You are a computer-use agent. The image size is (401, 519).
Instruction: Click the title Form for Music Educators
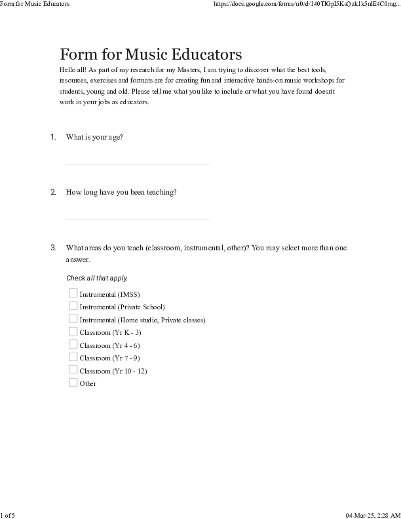coord(151,54)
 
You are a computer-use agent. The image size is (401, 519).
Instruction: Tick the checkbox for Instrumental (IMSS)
coord(73,294)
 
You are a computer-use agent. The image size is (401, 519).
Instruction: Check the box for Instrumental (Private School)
coord(73,306)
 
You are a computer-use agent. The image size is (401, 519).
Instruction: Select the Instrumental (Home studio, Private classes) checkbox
coord(73,319)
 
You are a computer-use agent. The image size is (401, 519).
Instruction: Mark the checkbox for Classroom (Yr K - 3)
coord(73,332)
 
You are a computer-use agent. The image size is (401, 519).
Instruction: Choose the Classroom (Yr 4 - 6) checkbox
coord(73,345)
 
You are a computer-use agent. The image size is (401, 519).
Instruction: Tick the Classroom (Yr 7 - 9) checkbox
coord(73,357)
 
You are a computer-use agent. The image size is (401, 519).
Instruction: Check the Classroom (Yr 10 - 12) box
coord(73,370)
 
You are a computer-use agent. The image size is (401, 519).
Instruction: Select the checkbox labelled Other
coord(73,383)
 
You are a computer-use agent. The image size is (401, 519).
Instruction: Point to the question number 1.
coord(53,137)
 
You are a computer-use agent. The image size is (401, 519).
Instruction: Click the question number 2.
coord(53,192)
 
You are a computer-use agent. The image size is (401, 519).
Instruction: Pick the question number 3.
coord(53,248)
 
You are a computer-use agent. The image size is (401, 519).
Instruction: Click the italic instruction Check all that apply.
coord(97,279)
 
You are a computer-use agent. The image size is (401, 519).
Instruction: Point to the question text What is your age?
coord(94,137)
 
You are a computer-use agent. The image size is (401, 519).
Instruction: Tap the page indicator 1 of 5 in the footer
coord(8,515)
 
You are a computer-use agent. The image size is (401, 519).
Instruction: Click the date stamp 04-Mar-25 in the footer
coord(361,515)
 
